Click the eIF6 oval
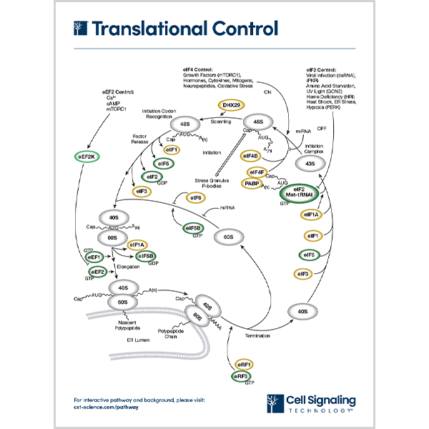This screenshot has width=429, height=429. point(195,197)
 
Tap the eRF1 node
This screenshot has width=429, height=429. point(240,364)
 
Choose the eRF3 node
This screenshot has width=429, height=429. point(240,377)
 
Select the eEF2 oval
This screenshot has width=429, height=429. point(97,272)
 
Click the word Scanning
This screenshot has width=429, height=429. point(209,122)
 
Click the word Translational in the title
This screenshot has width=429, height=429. point(143,29)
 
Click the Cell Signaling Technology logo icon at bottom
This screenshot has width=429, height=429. point(272,404)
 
